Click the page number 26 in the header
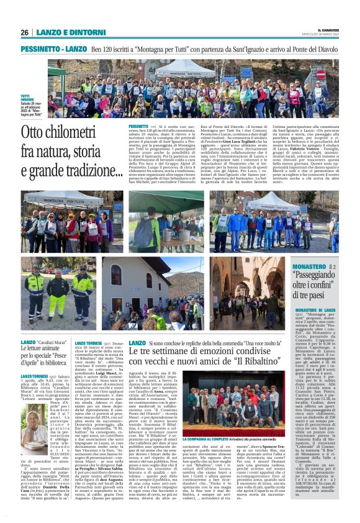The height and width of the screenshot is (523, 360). point(25,32)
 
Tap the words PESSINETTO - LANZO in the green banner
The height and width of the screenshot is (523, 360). point(53,48)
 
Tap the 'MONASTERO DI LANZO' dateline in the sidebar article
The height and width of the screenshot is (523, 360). point(315,309)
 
